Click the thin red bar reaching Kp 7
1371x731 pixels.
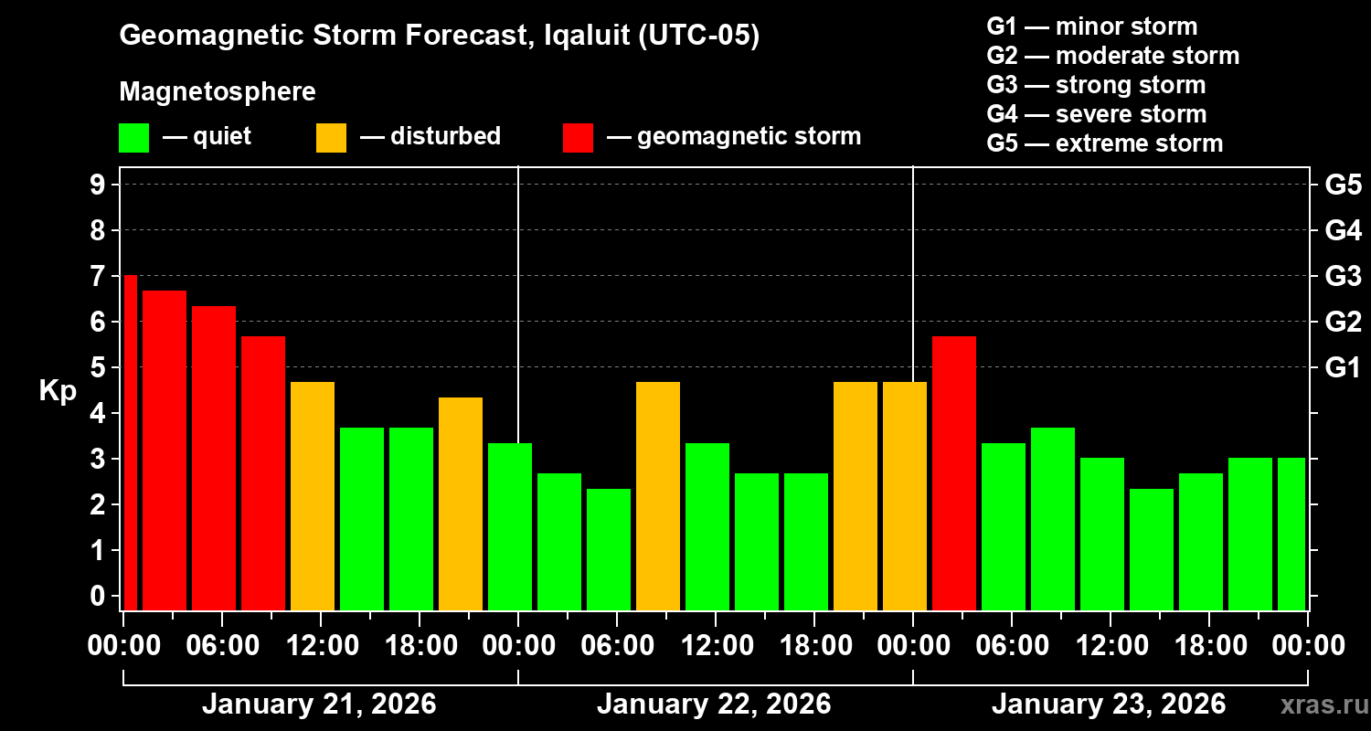coord(130,442)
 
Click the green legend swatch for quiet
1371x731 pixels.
coord(133,138)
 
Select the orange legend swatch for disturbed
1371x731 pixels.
coord(331,138)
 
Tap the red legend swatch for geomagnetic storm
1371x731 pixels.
coord(578,138)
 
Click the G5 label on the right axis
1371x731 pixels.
coord(1343,185)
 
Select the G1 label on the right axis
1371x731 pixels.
coord(1343,367)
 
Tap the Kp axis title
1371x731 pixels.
coord(57,391)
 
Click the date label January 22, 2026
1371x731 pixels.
coord(714,705)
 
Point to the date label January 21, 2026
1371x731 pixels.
coord(319,705)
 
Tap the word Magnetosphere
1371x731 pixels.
coord(218,92)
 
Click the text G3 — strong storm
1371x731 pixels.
coord(1096,85)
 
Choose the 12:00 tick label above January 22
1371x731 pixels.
coord(715,645)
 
